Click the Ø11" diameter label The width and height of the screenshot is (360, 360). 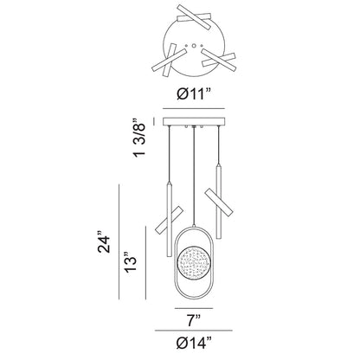pos(194,93)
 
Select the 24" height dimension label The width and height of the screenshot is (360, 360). pos(104,242)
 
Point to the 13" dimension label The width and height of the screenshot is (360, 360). pos(131,262)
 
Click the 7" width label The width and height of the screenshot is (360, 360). pos(194,320)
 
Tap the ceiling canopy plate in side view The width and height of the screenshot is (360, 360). pos(194,121)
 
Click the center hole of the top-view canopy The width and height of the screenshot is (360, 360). pos(194,45)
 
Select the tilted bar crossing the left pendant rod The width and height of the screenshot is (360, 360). pos(169,219)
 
